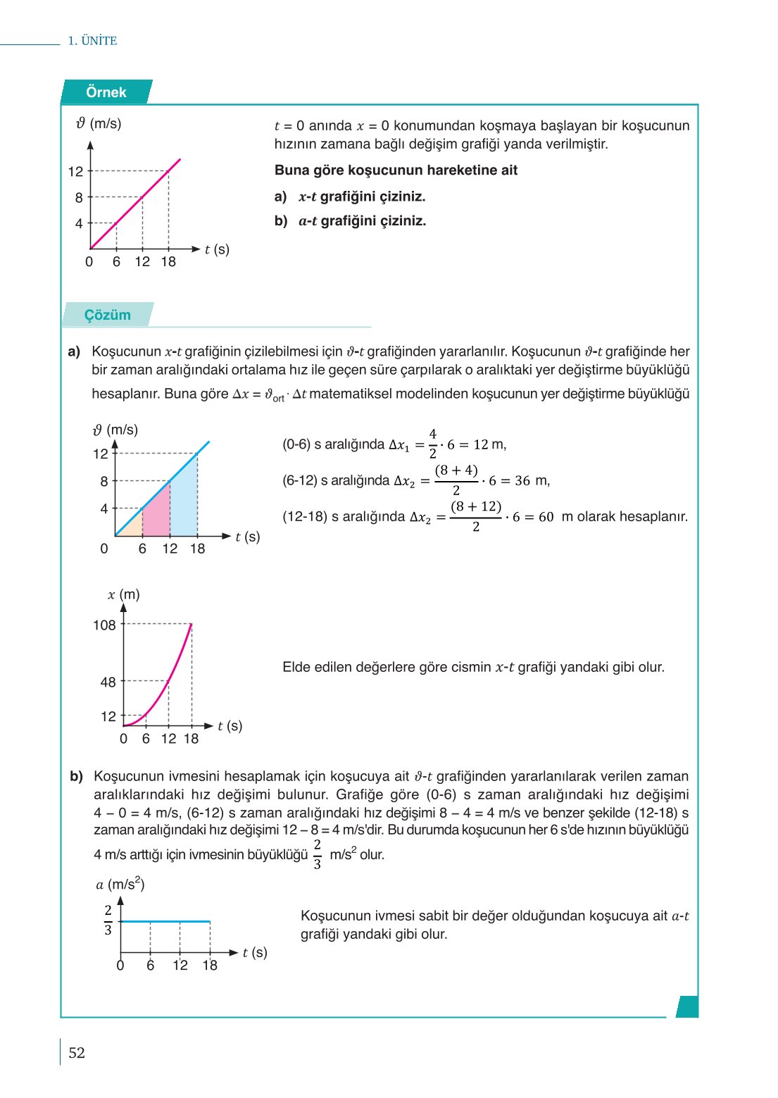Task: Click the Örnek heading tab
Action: point(106,92)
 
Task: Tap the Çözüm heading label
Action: point(108,315)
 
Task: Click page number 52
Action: point(77,1053)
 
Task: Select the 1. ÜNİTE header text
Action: point(92,41)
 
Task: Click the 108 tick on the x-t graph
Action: point(104,625)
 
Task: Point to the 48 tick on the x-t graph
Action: point(108,682)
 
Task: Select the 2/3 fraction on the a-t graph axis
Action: point(108,921)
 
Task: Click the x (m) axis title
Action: point(124,594)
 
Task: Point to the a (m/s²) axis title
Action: point(120,884)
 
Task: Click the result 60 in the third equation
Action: point(546,517)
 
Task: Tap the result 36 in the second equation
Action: point(522,481)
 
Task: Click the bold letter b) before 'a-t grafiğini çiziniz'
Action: point(281,221)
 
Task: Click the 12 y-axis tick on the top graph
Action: point(75,171)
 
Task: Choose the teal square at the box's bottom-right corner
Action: point(687,1006)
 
